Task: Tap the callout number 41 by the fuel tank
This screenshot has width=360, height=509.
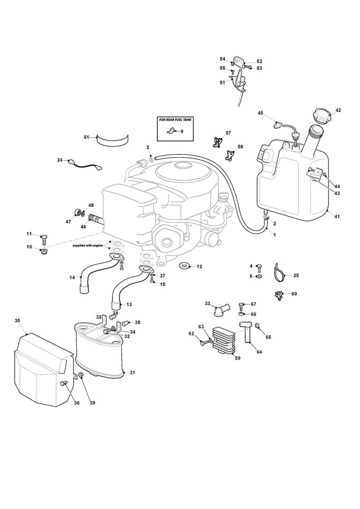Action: pos(337,216)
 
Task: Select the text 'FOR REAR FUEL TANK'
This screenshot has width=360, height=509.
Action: pos(175,120)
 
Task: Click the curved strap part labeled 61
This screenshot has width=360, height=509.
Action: pos(113,140)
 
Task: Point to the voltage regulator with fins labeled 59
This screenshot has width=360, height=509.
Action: pos(224,341)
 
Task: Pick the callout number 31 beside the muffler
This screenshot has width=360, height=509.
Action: pos(132,373)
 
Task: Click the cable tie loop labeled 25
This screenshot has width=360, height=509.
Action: pos(279,275)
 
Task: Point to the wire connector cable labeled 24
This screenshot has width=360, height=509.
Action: pos(86,164)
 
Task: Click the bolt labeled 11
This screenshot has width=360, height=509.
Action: pos(44,239)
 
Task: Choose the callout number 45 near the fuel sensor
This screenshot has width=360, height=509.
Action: pos(260,113)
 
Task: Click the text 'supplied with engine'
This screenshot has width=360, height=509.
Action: pos(88,246)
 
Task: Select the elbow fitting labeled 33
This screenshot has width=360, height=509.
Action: pos(220,310)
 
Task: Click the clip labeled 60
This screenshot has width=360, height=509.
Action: pos(279,295)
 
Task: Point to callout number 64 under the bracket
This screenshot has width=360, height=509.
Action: pos(259,352)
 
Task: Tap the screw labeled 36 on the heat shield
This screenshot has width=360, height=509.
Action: pos(64,383)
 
